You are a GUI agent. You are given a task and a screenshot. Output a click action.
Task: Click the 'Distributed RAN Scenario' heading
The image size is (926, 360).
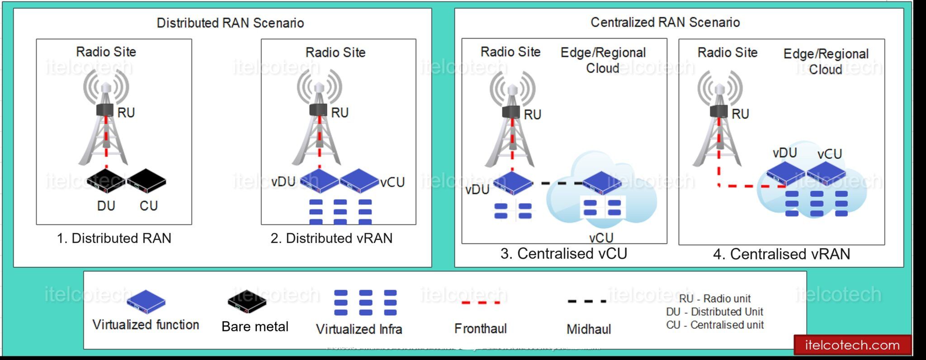tap(230, 23)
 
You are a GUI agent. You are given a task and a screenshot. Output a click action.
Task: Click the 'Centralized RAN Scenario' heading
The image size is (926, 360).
tap(665, 22)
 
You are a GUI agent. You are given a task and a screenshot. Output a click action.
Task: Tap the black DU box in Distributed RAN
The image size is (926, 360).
tap(106, 181)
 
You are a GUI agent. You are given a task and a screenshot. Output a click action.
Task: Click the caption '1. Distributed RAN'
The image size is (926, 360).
tap(114, 238)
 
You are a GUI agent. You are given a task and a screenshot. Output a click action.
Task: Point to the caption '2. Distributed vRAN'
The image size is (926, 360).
tap(331, 238)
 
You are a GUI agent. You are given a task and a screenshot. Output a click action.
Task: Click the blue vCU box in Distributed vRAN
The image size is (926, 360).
tap(359, 180)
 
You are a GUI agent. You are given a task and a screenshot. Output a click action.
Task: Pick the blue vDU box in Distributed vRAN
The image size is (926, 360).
tap(319, 180)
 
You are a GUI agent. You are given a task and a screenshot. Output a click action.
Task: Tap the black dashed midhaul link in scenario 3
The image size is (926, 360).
tap(558, 183)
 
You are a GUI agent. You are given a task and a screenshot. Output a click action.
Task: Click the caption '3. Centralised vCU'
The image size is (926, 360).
tap(563, 254)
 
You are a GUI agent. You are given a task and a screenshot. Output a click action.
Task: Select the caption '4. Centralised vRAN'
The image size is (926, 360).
tap(781, 254)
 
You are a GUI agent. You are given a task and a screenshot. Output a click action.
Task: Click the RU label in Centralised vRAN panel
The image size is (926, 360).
tap(740, 114)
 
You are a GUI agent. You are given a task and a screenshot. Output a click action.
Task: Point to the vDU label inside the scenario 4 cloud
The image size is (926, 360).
tap(784, 153)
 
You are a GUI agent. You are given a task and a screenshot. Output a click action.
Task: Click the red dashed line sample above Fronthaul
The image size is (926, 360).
tap(481, 302)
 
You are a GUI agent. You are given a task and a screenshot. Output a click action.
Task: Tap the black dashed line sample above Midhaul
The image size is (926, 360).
tap(586, 301)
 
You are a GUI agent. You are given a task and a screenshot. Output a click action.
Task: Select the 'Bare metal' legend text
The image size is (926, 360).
tap(255, 327)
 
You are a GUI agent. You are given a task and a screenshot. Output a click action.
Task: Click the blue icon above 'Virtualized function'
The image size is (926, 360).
tap(146, 302)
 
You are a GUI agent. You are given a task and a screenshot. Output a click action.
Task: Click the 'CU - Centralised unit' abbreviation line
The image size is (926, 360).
tap(714, 325)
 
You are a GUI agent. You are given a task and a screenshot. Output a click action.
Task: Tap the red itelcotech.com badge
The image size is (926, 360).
tap(852, 345)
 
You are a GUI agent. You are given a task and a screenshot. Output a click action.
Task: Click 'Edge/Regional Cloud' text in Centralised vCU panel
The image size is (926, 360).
tap(603, 60)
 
